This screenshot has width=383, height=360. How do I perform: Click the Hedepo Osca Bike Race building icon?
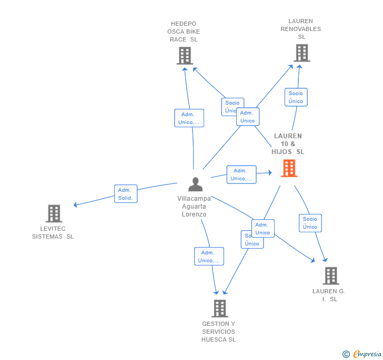click(x=185, y=56)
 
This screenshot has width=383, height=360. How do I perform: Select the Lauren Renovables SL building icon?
click(x=301, y=53)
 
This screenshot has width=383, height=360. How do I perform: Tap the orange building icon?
click(x=289, y=168)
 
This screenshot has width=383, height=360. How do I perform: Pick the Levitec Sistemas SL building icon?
click(x=54, y=213)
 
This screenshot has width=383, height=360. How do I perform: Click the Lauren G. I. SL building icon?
click(x=330, y=275)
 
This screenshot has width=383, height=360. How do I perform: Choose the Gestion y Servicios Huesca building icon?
click(x=219, y=308)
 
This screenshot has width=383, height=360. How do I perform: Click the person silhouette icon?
click(x=195, y=184)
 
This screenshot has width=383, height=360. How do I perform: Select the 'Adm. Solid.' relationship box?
click(x=126, y=194)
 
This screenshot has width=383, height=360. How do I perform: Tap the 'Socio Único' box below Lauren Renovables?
click(x=296, y=97)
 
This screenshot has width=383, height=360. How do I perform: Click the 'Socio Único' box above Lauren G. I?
click(x=310, y=223)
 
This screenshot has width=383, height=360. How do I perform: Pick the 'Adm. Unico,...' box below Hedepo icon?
click(x=189, y=118)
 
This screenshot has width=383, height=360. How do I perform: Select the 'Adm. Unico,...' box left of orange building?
click(x=241, y=174)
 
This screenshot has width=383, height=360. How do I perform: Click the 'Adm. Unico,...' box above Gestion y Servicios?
click(x=209, y=256)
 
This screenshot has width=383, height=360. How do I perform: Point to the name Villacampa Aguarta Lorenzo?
click(x=194, y=207)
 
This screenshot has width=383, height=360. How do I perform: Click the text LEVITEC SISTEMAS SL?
click(x=53, y=232)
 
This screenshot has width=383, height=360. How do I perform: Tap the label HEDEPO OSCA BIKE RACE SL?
click(x=184, y=32)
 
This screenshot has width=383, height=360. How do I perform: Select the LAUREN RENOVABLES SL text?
click(x=301, y=29)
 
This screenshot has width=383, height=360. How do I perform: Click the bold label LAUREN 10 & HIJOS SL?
click(x=288, y=144)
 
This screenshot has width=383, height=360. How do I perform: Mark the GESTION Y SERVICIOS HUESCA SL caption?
click(x=218, y=332)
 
